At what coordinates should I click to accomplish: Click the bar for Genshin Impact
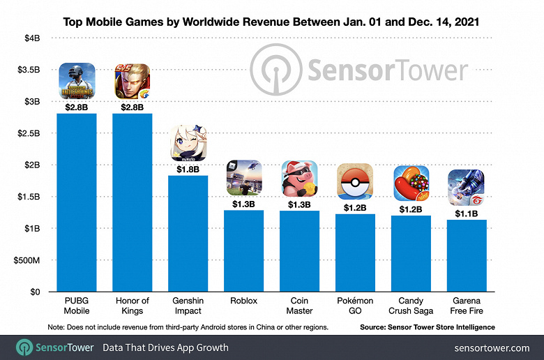pos(188,234)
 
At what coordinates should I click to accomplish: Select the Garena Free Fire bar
pos(467,256)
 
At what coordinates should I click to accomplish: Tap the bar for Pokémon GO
pos(355,253)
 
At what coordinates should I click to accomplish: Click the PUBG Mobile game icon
pos(77,82)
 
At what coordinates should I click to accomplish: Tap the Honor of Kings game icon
pos(133,82)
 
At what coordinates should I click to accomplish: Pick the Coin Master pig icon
pos(299,179)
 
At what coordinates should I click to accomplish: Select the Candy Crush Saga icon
pos(411,183)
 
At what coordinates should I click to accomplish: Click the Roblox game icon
pos(244,178)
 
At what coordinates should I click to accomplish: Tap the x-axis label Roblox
pos(244,301)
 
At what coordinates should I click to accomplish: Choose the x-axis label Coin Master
pos(299,306)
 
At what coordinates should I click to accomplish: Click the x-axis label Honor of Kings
pos(133,306)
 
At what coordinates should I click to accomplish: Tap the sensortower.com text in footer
pos(492,347)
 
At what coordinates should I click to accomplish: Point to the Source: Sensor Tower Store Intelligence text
pos(428,327)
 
